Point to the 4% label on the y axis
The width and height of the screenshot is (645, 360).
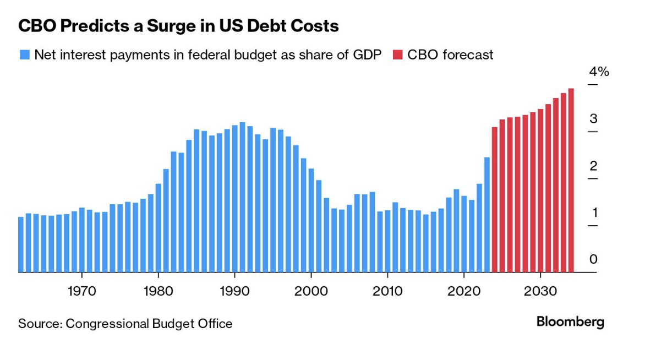(598, 72)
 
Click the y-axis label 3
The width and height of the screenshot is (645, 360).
(593, 119)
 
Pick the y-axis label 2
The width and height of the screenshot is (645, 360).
(593, 166)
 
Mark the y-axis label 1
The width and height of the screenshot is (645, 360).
(593, 213)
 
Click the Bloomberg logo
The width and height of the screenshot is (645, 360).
(570, 322)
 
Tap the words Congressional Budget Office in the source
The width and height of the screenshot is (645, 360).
(149, 324)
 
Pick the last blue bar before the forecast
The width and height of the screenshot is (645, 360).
(487, 215)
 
